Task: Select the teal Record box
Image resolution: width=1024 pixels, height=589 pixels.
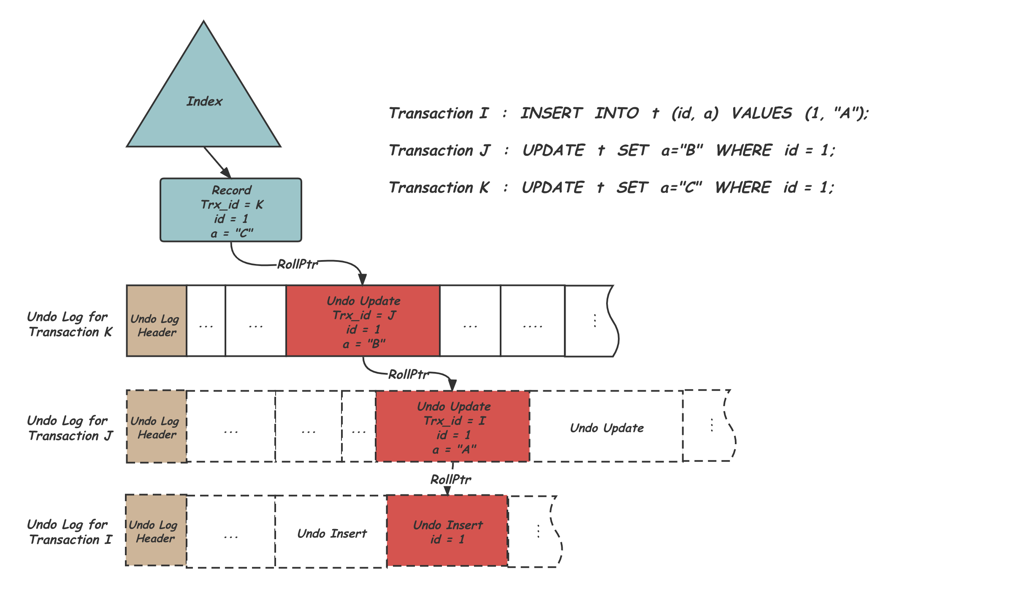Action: point(231,210)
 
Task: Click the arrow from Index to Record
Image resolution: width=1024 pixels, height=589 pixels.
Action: point(217,162)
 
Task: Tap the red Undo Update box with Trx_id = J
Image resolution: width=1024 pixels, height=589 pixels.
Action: point(363,321)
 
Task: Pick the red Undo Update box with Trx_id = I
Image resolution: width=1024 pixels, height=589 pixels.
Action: point(453,426)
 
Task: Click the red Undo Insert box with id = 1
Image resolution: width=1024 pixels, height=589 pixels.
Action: point(447,531)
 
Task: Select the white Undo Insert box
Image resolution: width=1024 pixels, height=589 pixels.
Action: point(332,533)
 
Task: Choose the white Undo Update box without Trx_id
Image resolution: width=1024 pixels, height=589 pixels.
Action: point(607,427)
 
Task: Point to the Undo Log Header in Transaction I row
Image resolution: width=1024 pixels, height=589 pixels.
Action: point(156,531)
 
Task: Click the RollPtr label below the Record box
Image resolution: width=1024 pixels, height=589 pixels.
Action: point(297,264)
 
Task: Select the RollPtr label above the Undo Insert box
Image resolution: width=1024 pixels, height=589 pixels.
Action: point(450,480)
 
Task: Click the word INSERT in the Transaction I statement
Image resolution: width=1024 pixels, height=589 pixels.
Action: point(551,113)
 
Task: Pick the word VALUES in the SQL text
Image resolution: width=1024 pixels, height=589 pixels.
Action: point(761,113)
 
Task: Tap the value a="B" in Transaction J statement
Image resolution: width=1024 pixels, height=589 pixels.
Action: point(682,150)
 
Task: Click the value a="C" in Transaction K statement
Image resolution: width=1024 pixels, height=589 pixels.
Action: point(681,187)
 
